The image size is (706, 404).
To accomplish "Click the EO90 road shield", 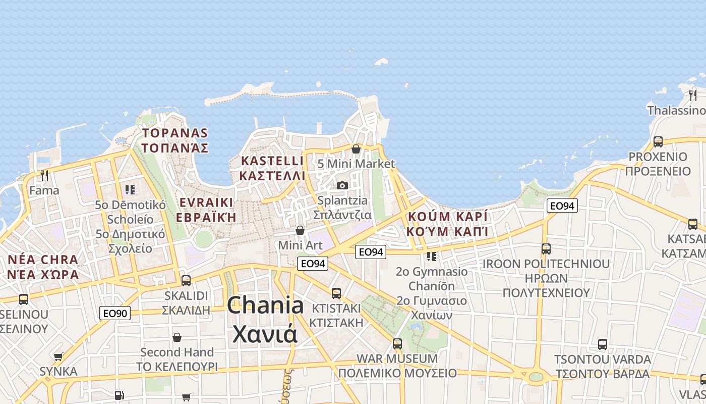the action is point(115,314).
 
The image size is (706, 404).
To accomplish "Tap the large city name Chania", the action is point(265,306).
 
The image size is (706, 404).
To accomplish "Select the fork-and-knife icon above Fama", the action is point(44,175).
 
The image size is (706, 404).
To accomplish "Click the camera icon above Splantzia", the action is point(342,185).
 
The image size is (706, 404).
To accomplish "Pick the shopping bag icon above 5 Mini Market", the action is point(356,149).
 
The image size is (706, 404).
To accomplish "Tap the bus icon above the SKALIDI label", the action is point(186,280).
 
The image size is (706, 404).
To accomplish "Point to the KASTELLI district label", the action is point(272,161).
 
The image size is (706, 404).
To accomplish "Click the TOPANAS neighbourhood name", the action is point(175,133).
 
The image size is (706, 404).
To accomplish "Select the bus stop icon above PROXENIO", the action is point(658,142).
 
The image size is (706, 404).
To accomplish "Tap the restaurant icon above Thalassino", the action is point(693,95).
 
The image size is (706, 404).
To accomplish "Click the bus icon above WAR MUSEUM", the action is point(397,344).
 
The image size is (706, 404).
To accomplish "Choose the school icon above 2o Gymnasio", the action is point(431,257).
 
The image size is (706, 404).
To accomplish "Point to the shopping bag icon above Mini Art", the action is point(300,230).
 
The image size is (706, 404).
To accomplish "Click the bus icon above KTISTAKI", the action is point(336,293).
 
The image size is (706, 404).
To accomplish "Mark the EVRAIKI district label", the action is point(206,203).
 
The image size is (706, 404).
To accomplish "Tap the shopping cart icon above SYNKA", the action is point(58,357).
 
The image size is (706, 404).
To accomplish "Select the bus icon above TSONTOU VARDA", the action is point(602,344).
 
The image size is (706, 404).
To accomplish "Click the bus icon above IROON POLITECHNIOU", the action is point(546,248).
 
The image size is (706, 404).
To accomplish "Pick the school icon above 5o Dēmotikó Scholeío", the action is point(130,190).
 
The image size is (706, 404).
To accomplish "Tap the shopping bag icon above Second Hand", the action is point(177,337).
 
